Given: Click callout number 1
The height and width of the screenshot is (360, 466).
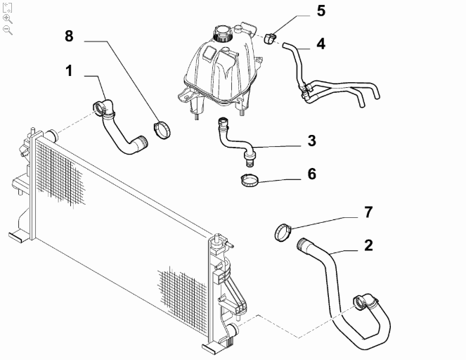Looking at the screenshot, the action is [x=69, y=71].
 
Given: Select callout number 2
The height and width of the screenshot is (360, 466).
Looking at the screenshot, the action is [x=368, y=245].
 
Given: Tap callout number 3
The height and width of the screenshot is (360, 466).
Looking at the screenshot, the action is [x=312, y=141].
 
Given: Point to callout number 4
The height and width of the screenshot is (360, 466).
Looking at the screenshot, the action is [x=321, y=44].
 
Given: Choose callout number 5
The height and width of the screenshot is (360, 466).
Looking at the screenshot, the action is [x=321, y=11].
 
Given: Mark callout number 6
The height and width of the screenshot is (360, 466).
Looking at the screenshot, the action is [x=312, y=174].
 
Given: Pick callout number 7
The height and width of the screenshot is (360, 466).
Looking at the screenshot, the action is [x=368, y=212].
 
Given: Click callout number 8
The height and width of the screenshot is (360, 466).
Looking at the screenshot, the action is [x=69, y=37].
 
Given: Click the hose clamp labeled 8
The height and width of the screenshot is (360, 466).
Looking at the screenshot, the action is [x=162, y=129].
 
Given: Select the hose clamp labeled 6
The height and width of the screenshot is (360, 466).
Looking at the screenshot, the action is [x=249, y=181].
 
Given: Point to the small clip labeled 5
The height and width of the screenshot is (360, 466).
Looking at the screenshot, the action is [x=270, y=39].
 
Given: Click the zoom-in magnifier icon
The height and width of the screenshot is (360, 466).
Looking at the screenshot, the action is [x=8, y=19].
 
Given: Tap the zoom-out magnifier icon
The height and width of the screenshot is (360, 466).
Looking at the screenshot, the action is [x=8, y=30].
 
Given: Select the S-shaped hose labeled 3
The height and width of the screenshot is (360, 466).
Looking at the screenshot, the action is [x=235, y=141].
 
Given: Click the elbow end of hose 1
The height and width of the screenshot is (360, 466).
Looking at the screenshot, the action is [x=103, y=109].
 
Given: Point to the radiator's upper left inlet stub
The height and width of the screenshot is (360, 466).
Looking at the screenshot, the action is [x=53, y=135].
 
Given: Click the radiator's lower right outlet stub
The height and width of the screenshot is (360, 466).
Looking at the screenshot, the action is [x=233, y=330].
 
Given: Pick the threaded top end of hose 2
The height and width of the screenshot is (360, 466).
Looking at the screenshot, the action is [x=302, y=244].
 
